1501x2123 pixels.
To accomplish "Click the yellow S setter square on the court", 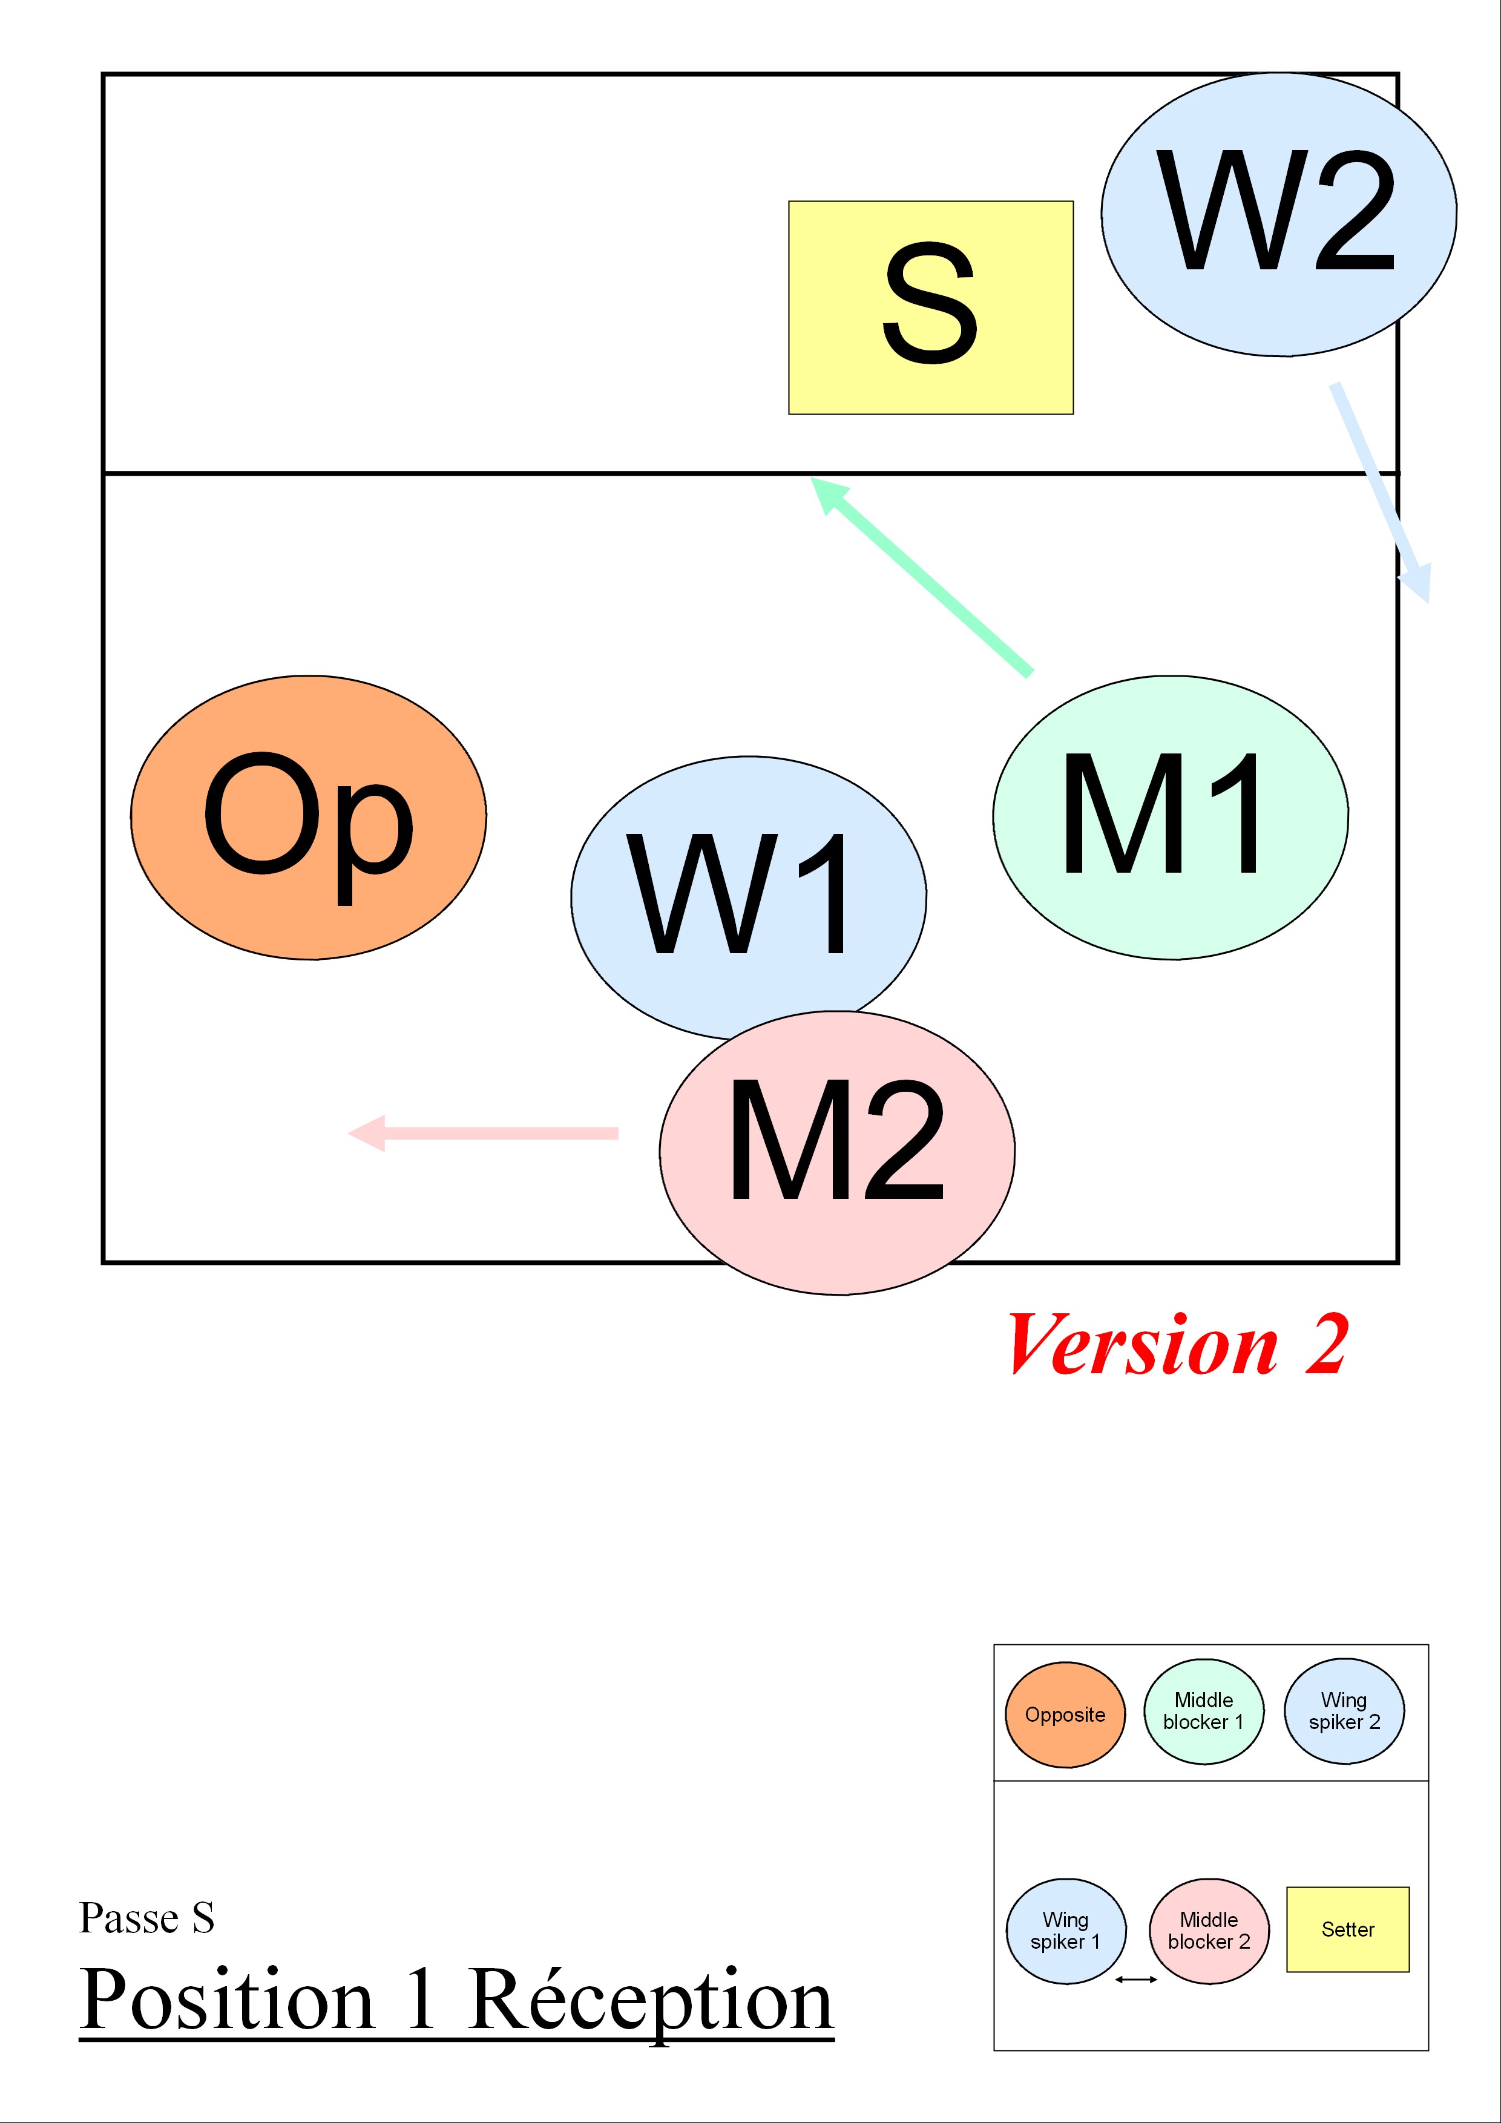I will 930,307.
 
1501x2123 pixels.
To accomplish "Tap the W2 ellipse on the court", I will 1278,214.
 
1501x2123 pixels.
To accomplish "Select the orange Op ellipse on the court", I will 308,818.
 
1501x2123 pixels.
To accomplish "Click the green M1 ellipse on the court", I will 1170,818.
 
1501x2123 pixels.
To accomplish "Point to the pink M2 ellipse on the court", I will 837,1152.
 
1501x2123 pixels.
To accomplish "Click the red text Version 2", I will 1177,1345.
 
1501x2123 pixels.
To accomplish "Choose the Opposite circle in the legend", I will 1065,1714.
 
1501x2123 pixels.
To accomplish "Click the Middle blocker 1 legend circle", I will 1203,1711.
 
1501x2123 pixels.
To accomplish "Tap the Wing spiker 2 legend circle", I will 1344,1711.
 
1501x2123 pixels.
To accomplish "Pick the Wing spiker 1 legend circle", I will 1065,1931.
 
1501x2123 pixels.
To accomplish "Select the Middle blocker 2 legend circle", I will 1209,1931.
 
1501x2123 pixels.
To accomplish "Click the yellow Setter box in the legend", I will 1347,1929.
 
